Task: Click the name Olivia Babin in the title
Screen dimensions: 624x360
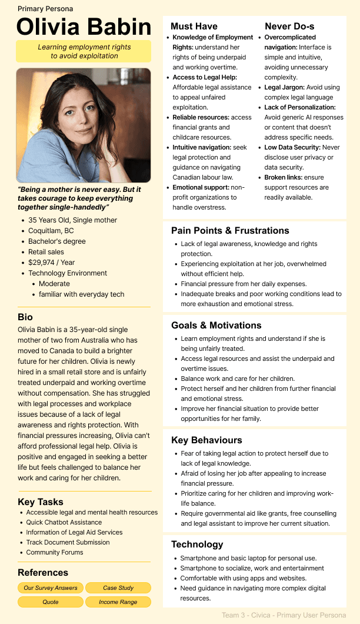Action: [x=84, y=27]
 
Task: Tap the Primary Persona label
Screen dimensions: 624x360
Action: [x=45, y=9]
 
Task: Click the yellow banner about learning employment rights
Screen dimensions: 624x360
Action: [x=84, y=51]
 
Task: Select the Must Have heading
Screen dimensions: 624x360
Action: [x=194, y=26]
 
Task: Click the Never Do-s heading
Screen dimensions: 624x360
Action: [x=289, y=26]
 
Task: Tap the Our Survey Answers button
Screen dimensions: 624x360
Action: [x=51, y=588]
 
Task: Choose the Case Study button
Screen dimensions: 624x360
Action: [x=118, y=588]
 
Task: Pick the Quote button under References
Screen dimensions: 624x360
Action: [x=51, y=602]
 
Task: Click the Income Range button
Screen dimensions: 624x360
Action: [x=118, y=602]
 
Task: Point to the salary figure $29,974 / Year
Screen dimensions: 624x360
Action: [x=52, y=263]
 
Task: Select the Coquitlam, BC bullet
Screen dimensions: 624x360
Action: [x=51, y=231]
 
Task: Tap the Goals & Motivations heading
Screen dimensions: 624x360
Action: [x=216, y=325]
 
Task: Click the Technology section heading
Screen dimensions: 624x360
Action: [x=197, y=544]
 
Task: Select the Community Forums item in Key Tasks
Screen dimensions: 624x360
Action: [x=55, y=552]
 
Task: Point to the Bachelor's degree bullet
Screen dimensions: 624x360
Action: [x=57, y=241]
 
